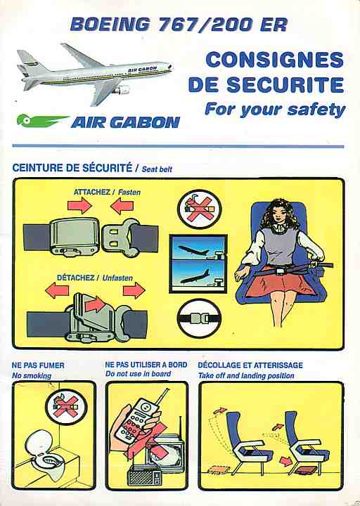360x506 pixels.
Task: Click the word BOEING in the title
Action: pos(110,24)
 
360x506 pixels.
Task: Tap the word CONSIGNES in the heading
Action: pos(274,60)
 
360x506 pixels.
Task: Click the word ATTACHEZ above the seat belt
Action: pos(91,192)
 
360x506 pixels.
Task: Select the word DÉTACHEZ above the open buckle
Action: pos(75,278)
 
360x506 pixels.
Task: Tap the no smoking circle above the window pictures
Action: pos(200,209)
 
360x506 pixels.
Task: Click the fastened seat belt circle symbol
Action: pos(199,318)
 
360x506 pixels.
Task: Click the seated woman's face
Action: pos(278,218)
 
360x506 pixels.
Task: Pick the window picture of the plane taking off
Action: pos(198,247)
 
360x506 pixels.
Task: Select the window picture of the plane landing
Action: pos(198,274)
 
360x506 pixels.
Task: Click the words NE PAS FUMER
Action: pos(38,365)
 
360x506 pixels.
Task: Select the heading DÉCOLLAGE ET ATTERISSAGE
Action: pos(250,365)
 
